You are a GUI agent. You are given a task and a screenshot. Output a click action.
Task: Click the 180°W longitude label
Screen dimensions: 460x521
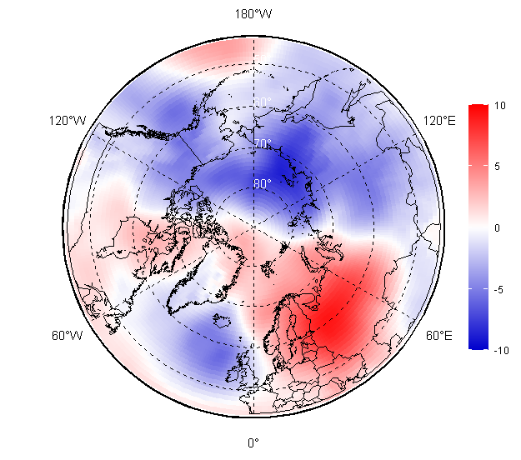pos(253,14)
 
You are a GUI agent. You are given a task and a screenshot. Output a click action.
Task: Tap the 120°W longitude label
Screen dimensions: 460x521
pos(68,121)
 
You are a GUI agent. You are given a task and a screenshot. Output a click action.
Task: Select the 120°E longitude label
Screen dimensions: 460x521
pos(439,121)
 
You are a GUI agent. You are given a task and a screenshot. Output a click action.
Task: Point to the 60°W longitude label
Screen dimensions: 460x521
pos(66,336)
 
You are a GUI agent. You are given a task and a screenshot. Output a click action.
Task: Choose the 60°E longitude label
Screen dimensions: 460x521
pos(439,336)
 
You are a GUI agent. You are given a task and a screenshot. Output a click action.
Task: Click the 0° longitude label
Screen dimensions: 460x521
pos(253,442)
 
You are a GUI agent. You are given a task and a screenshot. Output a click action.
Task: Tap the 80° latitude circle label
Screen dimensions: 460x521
pos(263,183)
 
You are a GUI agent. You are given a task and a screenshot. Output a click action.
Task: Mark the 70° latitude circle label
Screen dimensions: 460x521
pos(263,143)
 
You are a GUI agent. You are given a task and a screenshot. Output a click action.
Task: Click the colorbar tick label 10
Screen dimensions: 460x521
pos(500,106)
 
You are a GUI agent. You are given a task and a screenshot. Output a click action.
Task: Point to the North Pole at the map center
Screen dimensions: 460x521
pos(253,225)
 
